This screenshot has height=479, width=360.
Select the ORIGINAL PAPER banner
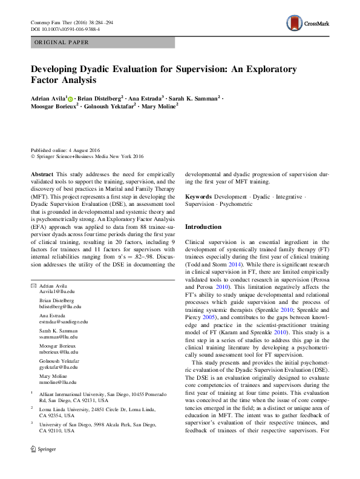[x=103, y=42]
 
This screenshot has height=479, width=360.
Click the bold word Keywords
[x=198, y=197]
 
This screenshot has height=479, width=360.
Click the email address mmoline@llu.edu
[x=57, y=383]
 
